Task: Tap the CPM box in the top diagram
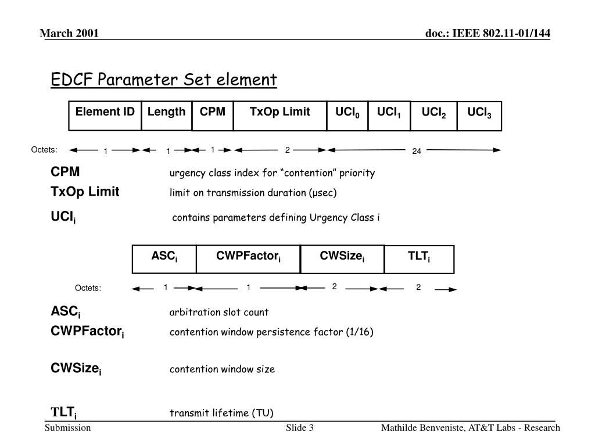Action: coord(212,115)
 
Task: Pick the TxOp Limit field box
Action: coord(279,115)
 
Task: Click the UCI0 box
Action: coord(347,115)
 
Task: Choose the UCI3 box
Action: coord(479,116)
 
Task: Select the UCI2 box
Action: coord(433,116)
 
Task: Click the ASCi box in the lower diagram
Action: coord(164,259)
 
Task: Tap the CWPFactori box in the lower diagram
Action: coord(248,259)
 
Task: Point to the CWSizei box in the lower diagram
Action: coord(342,259)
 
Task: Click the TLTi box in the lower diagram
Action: coord(419,259)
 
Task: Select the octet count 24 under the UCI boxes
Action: coord(416,152)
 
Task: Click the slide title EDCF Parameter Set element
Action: coord(164,80)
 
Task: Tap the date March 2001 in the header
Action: coord(69,34)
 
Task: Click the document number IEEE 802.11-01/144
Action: coord(488,34)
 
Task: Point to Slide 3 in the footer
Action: coord(300,428)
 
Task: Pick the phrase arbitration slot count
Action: coord(219,312)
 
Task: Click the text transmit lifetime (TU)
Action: coord(221,413)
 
